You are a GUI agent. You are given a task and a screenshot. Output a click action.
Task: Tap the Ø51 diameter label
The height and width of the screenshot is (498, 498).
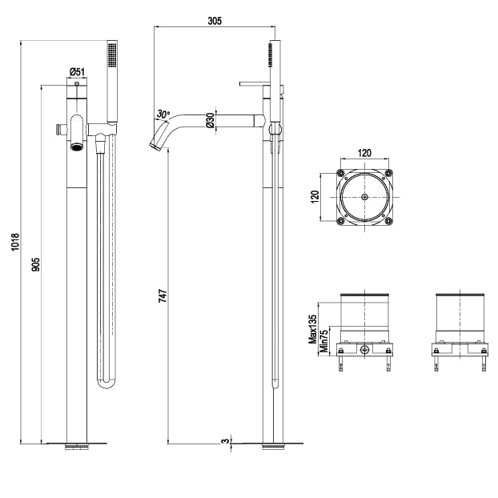click(x=76, y=71)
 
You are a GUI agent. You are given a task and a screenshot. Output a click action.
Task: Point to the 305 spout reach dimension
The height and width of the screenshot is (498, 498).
click(x=214, y=20)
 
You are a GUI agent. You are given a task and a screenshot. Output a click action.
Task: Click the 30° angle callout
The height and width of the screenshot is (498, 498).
click(x=163, y=114)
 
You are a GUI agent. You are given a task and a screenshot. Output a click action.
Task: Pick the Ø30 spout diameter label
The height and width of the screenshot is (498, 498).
click(x=210, y=120)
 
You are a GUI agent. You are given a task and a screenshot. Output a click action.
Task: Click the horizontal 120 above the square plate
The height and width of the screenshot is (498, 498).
click(x=364, y=151)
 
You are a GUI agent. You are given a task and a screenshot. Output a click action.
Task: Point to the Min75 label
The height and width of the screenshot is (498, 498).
click(x=323, y=340)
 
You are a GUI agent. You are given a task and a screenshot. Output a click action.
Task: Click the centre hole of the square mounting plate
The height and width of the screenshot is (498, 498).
click(x=364, y=197)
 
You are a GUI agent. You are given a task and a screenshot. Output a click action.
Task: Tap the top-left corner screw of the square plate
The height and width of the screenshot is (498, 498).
click(x=342, y=174)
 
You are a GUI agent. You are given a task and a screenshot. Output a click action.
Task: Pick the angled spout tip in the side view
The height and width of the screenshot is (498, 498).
click(x=155, y=145)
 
